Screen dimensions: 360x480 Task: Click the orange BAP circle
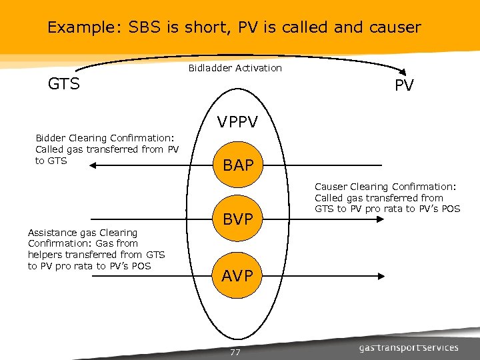[239, 165]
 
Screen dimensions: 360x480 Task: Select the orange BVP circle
[239, 217]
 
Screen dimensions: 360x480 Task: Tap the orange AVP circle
[239, 275]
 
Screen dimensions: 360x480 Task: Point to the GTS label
[64, 84]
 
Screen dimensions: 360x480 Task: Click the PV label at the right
[404, 86]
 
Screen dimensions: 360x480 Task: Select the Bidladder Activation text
[235, 68]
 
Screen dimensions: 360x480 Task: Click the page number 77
[235, 352]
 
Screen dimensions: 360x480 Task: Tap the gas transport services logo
[409, 347]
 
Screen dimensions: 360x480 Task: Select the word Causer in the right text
[331, 187]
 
